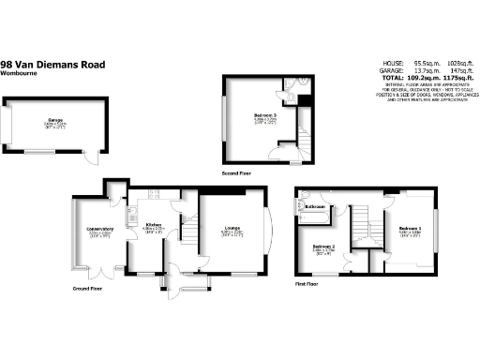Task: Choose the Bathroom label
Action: (x=314, y=206)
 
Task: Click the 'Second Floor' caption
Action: (x=237, y=173)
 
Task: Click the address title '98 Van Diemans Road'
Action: (x=53, y=64)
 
